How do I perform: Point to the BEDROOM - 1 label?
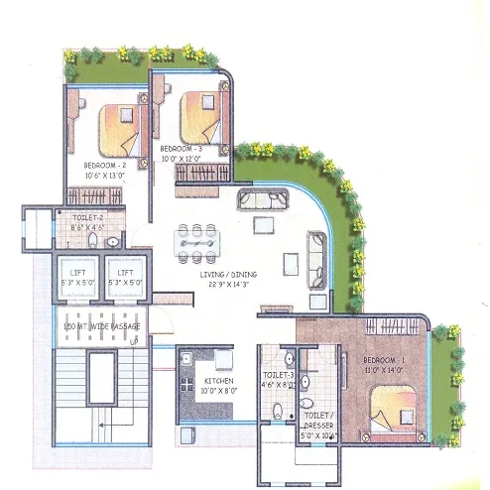point(385,358)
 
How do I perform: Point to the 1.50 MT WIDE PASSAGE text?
point(101,327)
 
